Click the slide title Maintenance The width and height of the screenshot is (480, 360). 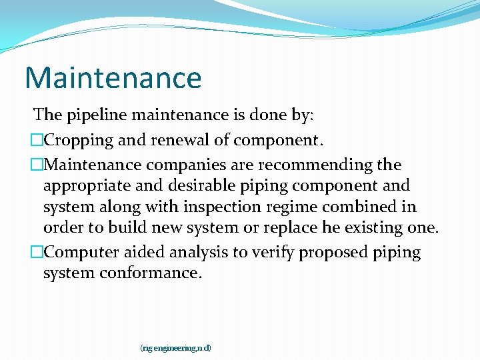(113, 77)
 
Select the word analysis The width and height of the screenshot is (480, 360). (195, 253)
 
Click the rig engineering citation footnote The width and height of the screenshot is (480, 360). (175, 348)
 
